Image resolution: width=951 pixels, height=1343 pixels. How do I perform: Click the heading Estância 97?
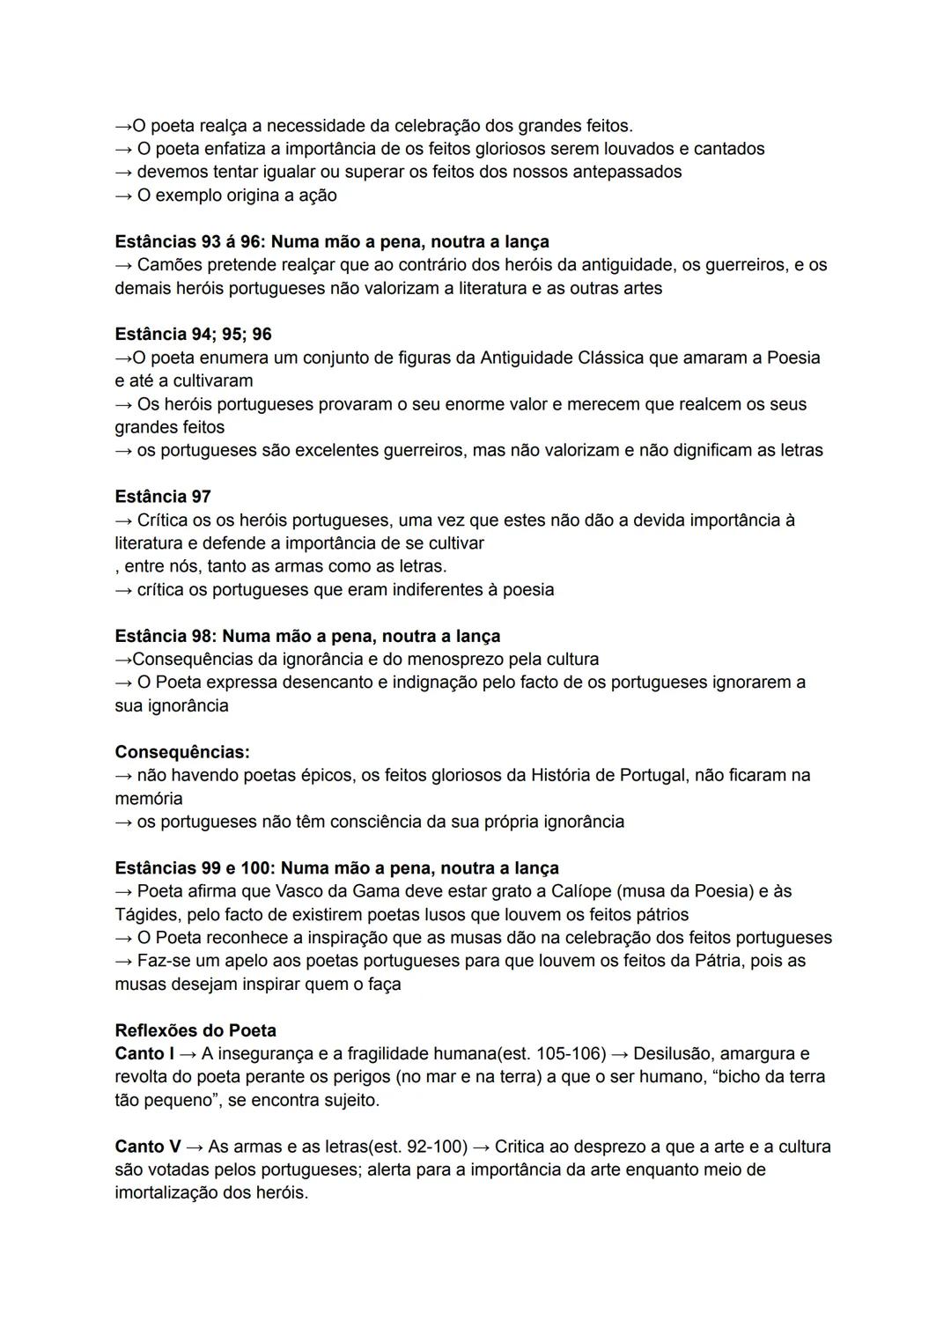coord(163,497)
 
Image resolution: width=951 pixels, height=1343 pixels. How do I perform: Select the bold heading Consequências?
coord(182,752)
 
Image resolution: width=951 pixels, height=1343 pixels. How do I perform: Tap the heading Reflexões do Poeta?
coord(195,1030)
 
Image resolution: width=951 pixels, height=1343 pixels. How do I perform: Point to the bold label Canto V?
coord(147,1147)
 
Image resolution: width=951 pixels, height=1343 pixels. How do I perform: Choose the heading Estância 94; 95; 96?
coord(193,335)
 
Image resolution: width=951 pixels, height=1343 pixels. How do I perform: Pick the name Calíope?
coord(580,891)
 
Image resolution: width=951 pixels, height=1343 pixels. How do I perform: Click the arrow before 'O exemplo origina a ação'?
coord(123,195)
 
